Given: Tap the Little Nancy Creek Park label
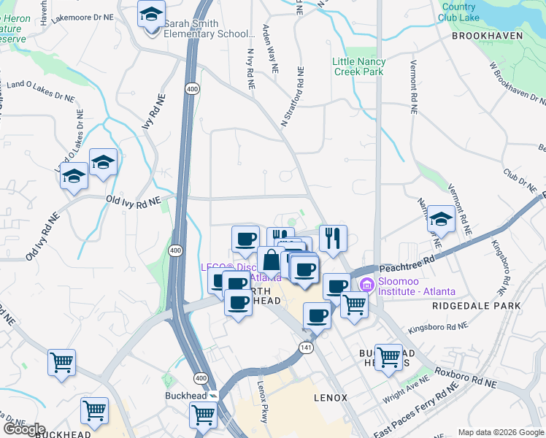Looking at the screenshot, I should click(x=358, y=66).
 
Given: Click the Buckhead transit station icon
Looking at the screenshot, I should click(x=212, y=395).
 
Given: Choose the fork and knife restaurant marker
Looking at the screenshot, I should click(x=333, y=238).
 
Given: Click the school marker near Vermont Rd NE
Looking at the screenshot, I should click(x=441, y=219).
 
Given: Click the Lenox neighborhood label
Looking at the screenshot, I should click(x=330, y=398).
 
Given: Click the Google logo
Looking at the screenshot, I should click(x=24, y=429).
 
